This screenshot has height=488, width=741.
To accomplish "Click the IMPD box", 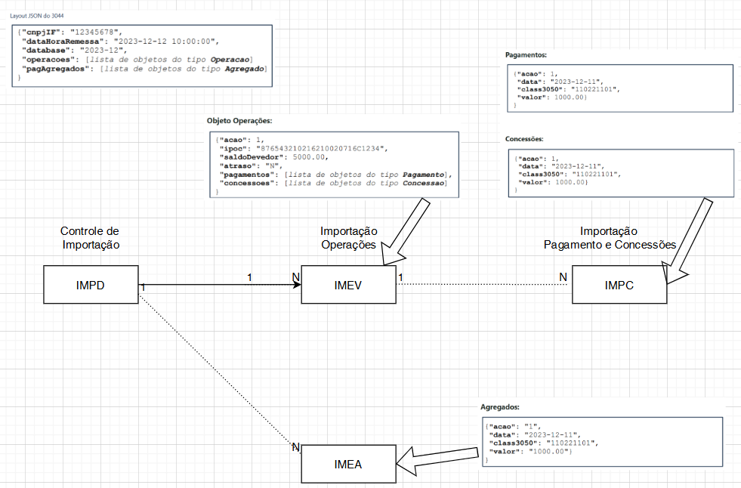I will [x=90, y=285].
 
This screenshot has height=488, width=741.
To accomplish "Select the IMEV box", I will [x=348, y=285].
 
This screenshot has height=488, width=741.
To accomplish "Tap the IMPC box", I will [x=618, y=285].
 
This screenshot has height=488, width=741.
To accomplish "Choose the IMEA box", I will [x=348, y=464].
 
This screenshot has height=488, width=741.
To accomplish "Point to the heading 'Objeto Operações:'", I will [x=239, y=121].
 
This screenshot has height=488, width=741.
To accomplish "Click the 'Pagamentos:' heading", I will [x=526, y=55].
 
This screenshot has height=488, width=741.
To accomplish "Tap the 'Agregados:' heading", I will [x=500, y=406].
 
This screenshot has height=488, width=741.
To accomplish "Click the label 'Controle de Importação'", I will [x=90, y=237].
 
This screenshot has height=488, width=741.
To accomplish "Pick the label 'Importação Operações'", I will [x=348, y=237].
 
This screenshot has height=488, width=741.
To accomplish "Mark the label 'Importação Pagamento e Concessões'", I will [x=609, y=237].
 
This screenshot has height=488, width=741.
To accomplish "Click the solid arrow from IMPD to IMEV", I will [x=219, y=285].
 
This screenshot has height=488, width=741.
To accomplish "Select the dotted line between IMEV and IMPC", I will [x=483, y=285].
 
